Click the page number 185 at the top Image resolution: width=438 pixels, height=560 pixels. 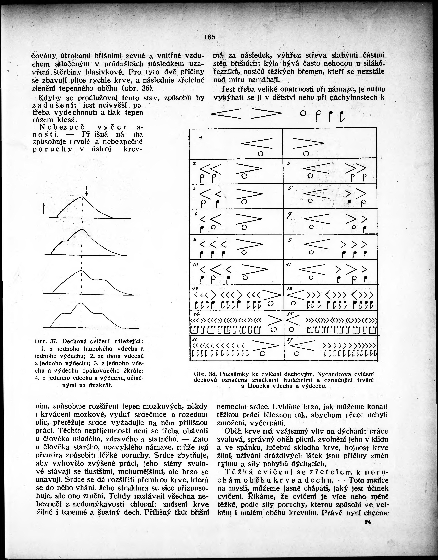click(210, 37)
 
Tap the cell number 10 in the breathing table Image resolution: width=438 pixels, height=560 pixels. click(195, 264)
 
